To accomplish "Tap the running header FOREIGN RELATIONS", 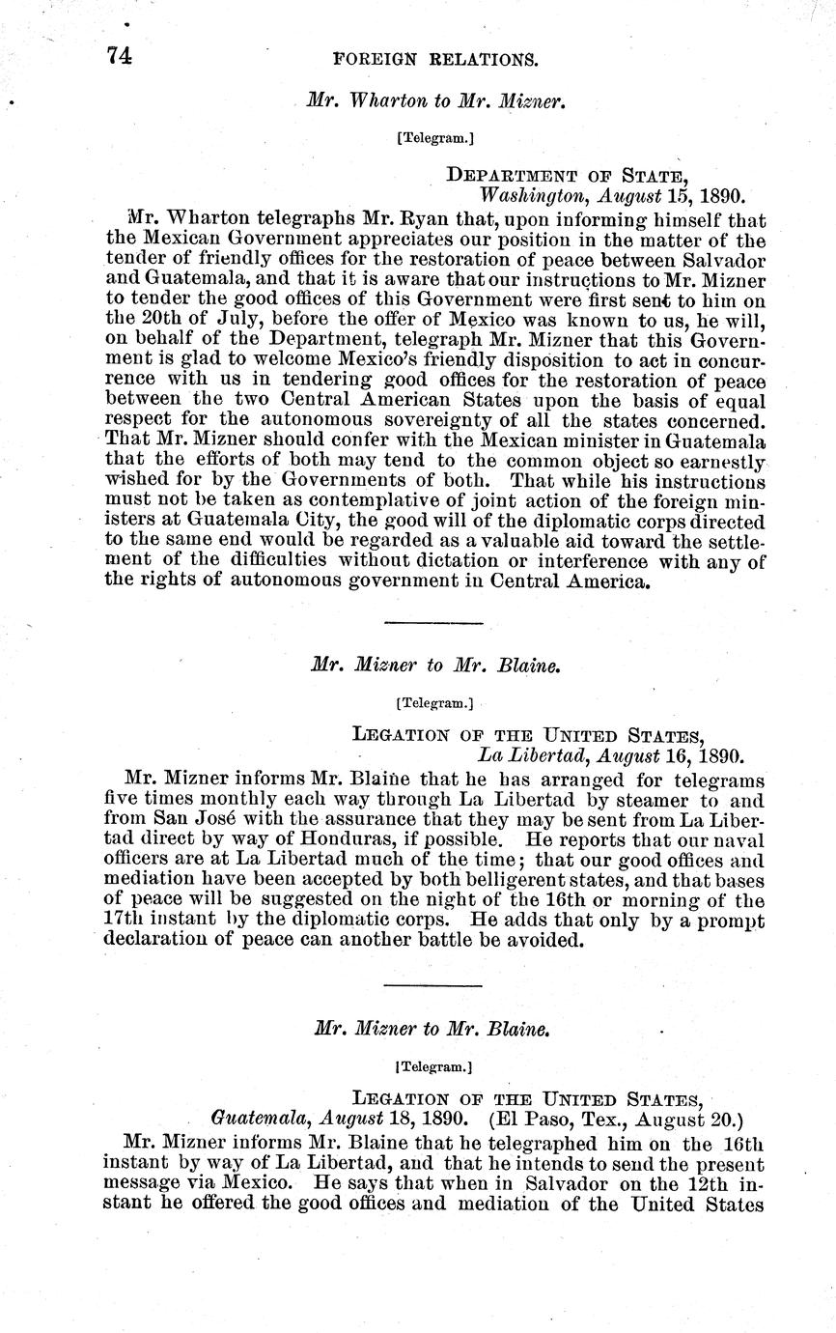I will tap(434, 59).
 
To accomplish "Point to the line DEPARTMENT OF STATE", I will tap(567, 175).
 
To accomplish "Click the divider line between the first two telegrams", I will tap(433, 623).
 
